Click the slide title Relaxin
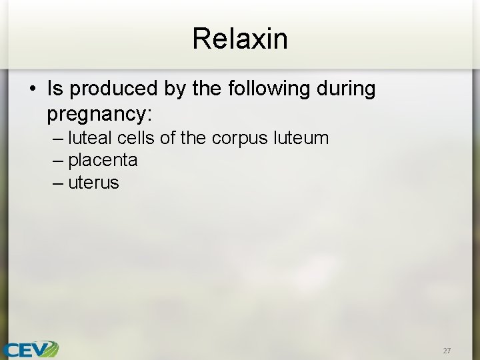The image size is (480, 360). pyautogui.click(x=240, y=39)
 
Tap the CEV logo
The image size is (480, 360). pyautogui.click(x=30, y=349)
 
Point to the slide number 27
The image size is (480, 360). pyautogui.click(x=447, y=350)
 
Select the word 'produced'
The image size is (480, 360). pyautogui.click(x=107, y=89)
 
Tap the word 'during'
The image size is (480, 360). pyautogui.click(x=347, y=89)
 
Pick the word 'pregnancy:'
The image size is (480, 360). pyautogui.click(x=100, y=115)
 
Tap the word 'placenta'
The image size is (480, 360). pyautogui.click(x=103, y=161)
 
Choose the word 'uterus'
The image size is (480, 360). pyautogui.click(x=93, y=183)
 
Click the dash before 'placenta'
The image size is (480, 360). pyautogui.click(x=57, y=161)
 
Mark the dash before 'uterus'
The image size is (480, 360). pyautogui.click(x=57, y=183)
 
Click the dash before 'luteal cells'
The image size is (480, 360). pyautogui.click(x=57, y=138)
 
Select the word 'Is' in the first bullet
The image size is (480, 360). pyautogui.click(x=55, y=89)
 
